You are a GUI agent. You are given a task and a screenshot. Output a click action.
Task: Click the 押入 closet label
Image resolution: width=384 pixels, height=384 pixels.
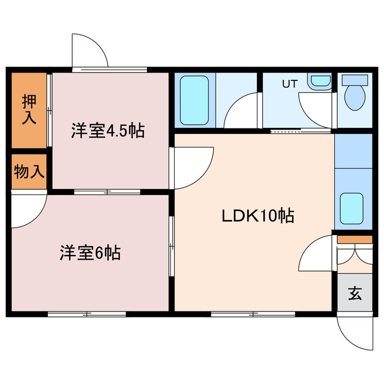(x=29, y=109)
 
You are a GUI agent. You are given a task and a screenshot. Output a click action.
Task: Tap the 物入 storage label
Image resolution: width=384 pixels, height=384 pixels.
(x=29, y=172)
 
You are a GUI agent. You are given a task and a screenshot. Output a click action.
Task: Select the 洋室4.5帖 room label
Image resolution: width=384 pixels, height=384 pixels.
(x=109, y=130)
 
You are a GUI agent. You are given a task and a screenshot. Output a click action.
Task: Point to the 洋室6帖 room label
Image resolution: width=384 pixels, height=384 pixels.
(x=90, y=253)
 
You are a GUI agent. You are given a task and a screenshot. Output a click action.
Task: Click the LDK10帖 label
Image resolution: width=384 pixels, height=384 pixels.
(x=258, y=217)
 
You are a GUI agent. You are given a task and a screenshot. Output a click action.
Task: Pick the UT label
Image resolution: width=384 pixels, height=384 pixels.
(x=290, y=84)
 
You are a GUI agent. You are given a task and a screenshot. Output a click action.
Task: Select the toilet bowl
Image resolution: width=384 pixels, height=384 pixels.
(x=355, y=97)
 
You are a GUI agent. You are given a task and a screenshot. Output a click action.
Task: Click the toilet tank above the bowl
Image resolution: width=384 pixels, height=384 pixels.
(x=355, y=79)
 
